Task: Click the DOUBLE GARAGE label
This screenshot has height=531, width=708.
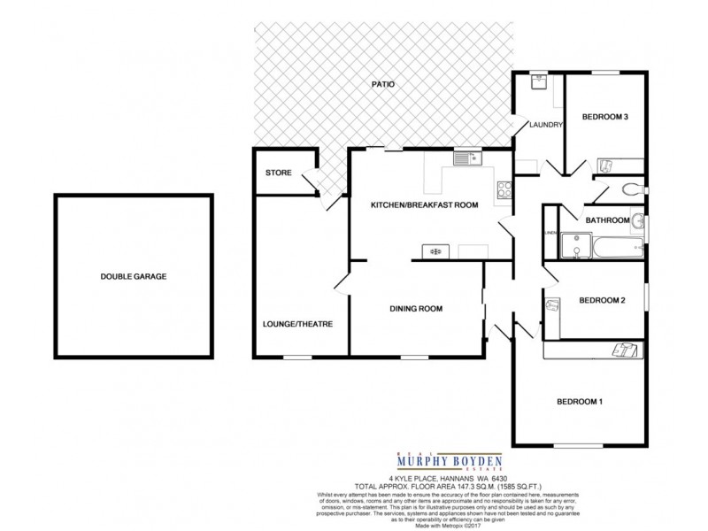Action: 134,276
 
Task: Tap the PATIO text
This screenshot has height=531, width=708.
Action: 381,85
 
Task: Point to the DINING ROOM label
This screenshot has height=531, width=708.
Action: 416,308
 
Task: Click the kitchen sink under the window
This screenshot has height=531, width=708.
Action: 466,159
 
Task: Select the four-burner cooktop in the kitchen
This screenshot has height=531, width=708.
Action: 504,189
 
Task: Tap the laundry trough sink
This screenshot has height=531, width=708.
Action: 539,82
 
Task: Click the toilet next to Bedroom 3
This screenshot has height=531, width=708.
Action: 632,188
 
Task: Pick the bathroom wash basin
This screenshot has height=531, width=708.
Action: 638,221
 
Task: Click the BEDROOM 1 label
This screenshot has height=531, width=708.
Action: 580,403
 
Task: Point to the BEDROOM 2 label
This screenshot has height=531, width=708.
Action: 602,301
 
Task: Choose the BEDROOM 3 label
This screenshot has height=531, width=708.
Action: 604,118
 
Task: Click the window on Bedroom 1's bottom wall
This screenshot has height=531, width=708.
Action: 580,444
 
